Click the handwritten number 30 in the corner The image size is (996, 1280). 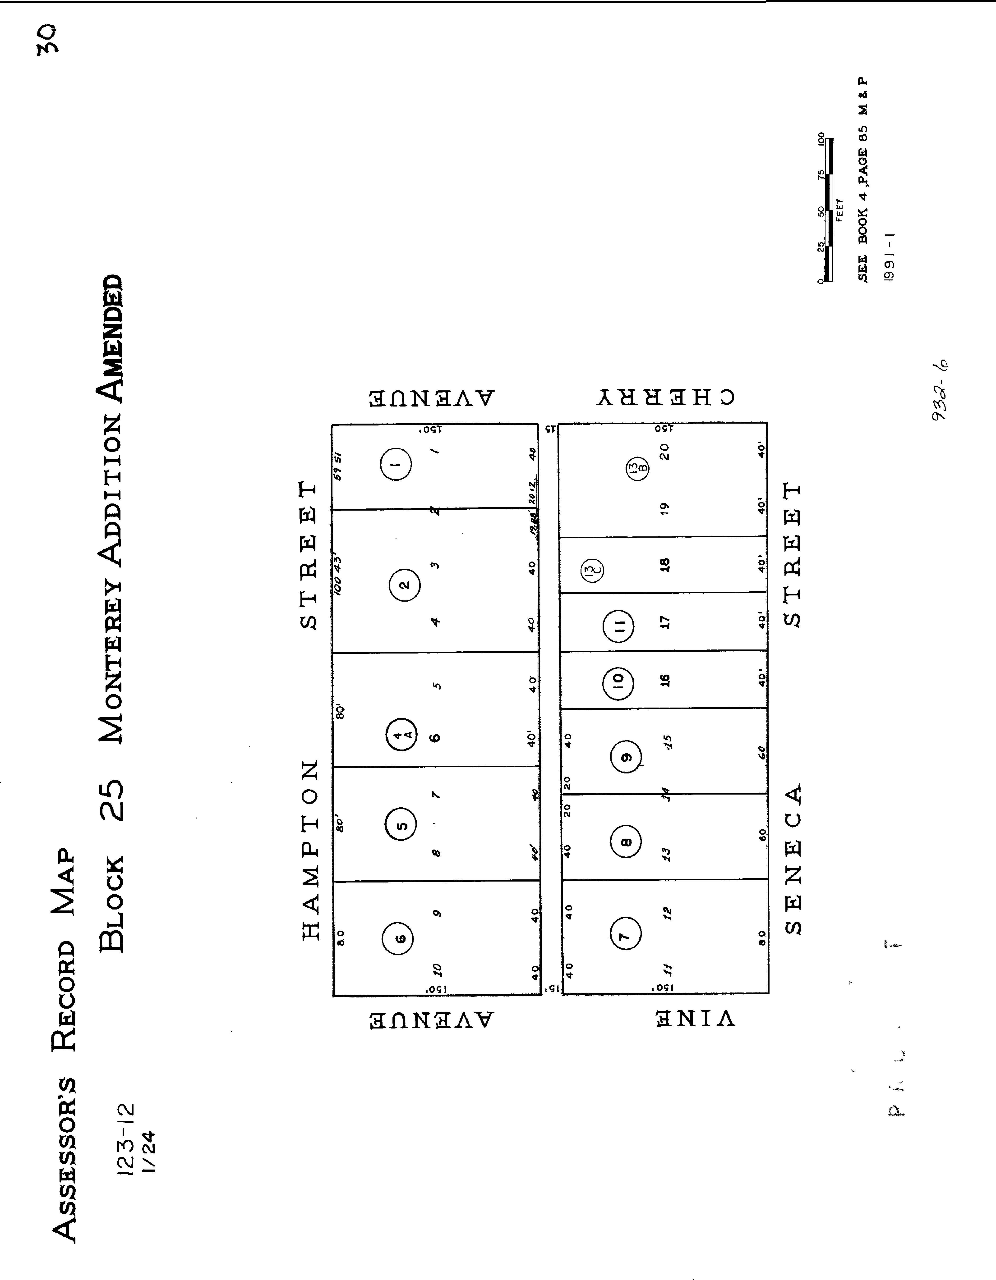47,40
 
